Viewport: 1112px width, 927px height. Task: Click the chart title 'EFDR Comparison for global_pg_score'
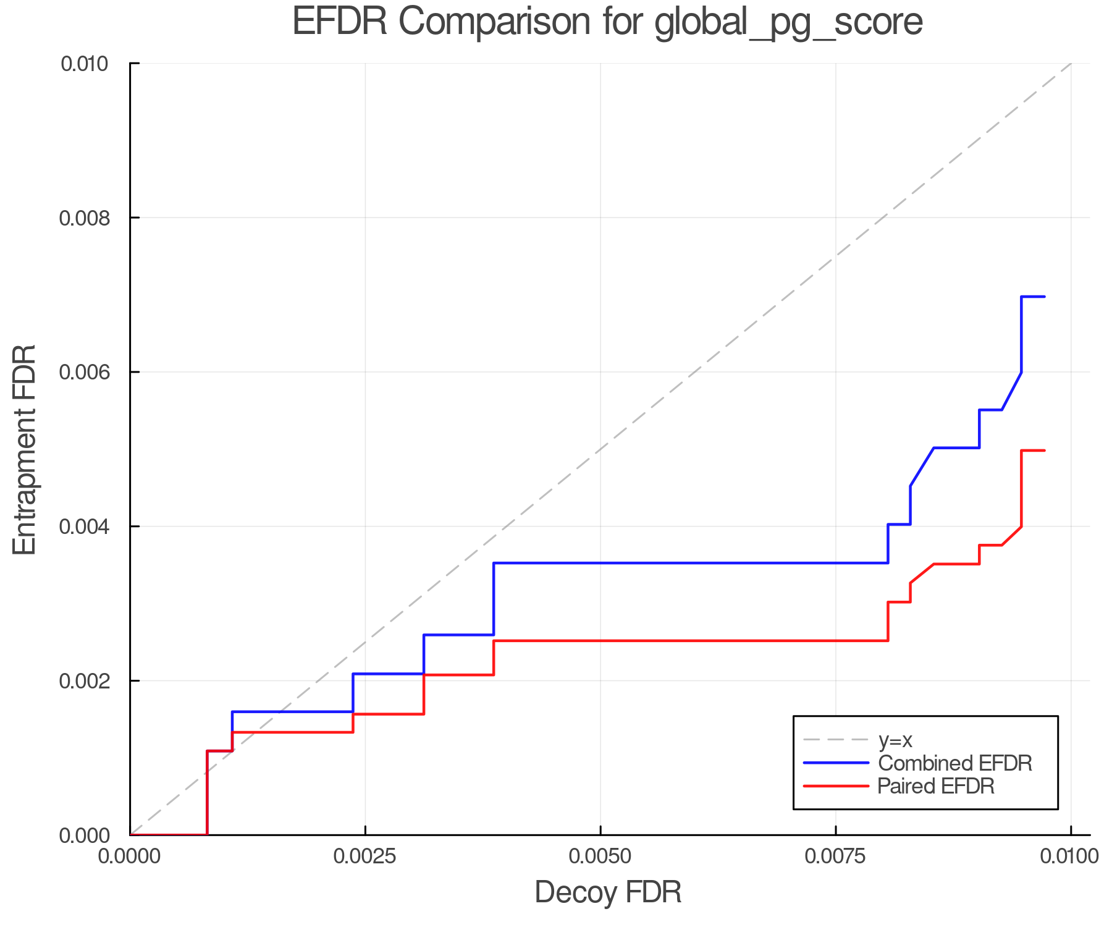tap(607, 22)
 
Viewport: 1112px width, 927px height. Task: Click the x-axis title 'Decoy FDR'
tap(608, 892)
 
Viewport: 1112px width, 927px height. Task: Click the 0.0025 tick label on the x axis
tap(365, 857)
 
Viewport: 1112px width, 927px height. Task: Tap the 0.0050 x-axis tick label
tap(600, 857)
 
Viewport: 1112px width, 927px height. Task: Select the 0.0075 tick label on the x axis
tap(836, 857)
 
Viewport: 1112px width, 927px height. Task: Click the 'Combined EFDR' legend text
tap(955, 763)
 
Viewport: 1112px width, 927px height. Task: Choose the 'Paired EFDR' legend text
tap(937, 786)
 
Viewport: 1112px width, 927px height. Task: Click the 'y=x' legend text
tap(895, 740)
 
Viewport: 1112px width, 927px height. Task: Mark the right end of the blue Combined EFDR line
tap(1045, 297)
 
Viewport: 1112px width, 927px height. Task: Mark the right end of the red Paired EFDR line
tap(1045, 451)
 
